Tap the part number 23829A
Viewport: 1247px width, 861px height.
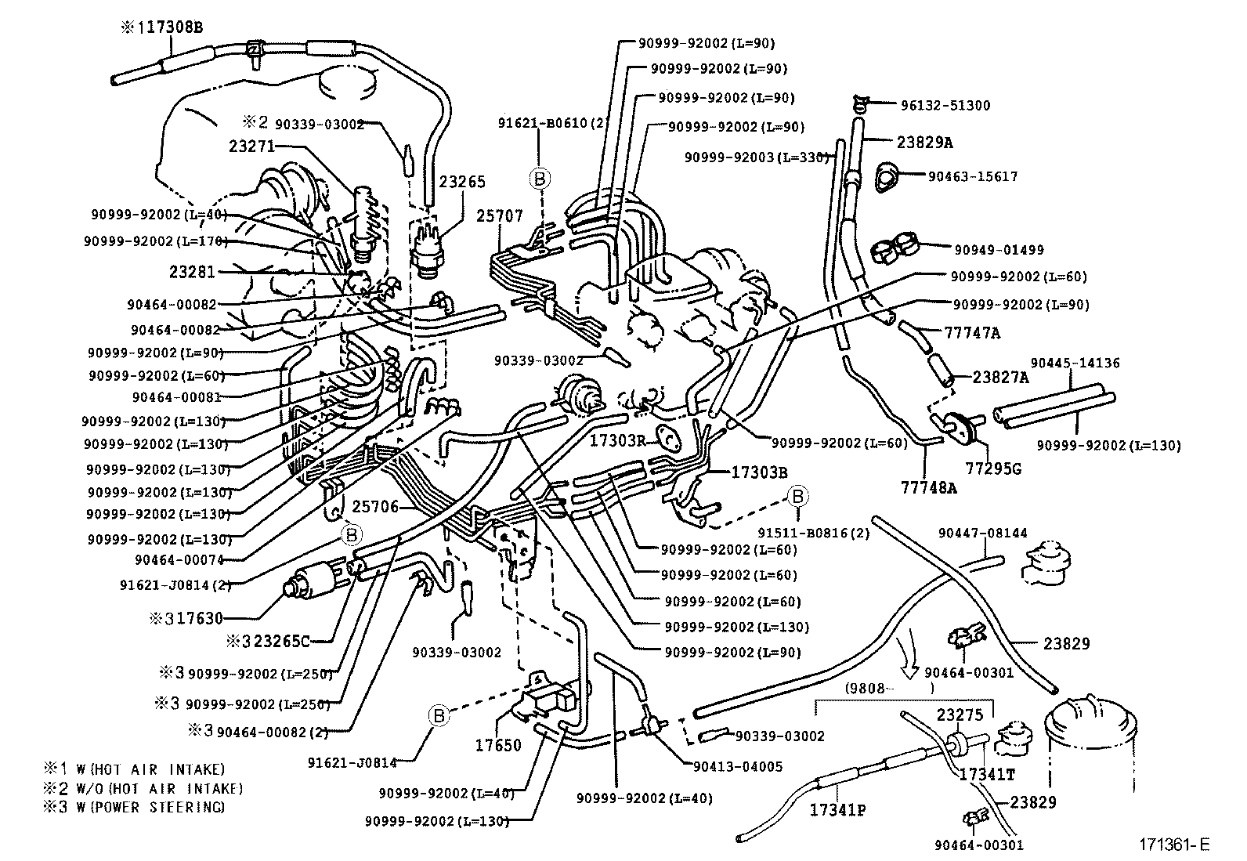(925, 142)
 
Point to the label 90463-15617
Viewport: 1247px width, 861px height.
(973, 176)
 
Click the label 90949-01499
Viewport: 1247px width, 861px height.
(999, 250)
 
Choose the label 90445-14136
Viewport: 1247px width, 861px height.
(1075, 363)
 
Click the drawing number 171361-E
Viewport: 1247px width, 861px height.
(1174, 845)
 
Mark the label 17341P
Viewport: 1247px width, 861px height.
(837, 810)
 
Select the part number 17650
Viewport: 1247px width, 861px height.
(497, 745)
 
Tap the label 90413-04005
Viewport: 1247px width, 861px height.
(738, 766)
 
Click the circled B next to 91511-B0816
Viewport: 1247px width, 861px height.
(797, 496)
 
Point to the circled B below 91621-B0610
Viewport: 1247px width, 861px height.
(539, 178)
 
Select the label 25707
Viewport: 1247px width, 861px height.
(500, 215)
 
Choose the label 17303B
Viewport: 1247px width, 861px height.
(759, 472)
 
